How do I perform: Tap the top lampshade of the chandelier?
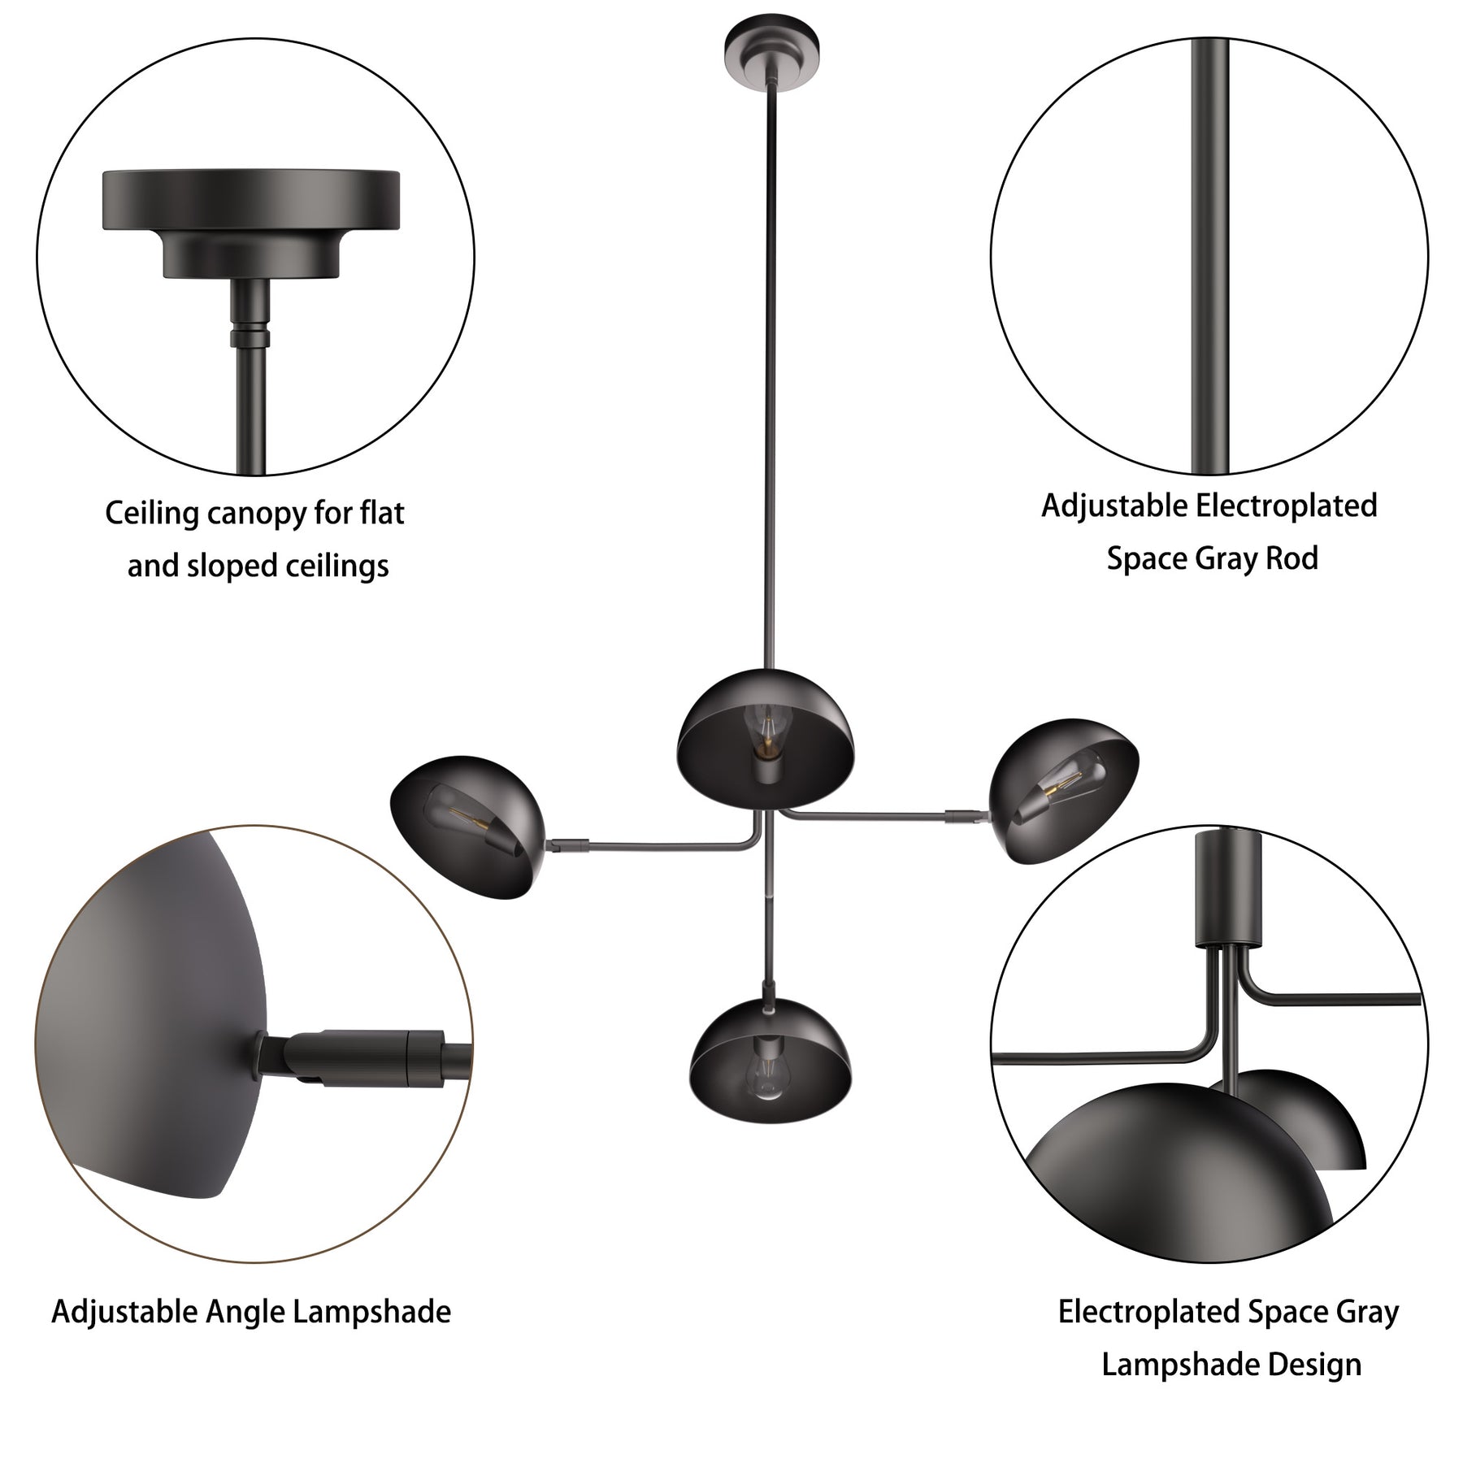click(766, 739)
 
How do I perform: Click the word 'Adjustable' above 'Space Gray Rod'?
click(1114, 506)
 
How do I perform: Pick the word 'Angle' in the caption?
click(243, 1312)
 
